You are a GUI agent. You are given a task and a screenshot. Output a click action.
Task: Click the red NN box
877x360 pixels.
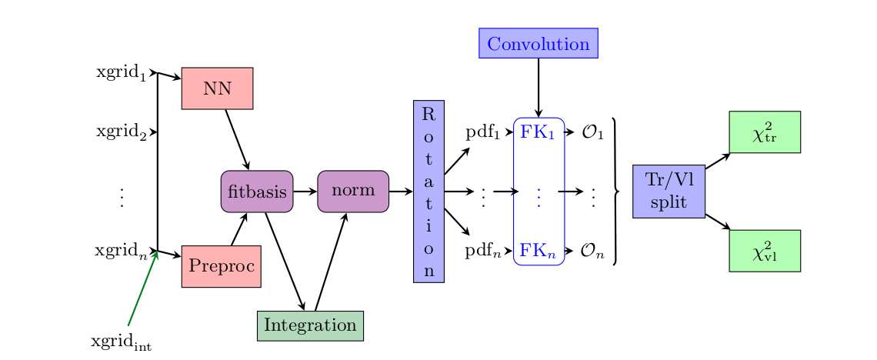217,88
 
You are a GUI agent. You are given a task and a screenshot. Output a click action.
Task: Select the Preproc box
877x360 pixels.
221,266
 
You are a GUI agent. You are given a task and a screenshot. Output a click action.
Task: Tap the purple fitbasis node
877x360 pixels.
256,191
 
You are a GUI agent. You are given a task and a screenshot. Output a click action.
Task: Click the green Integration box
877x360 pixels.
310,325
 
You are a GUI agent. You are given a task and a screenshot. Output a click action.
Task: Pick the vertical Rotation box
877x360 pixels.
428,191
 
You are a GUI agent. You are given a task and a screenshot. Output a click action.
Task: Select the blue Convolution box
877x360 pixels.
538,43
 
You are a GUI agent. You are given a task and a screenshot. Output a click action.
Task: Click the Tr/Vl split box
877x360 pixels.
669,191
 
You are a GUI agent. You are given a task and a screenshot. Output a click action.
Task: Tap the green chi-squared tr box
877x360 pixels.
765,132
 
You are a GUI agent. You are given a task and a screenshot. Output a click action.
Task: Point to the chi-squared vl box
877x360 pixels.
765,251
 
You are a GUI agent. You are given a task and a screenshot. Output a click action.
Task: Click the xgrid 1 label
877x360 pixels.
121,73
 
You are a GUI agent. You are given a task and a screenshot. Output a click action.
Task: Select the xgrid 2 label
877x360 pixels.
121,132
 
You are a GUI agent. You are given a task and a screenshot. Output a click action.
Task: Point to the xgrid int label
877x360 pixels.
121,342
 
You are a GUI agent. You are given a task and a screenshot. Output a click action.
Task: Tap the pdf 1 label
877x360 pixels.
482,132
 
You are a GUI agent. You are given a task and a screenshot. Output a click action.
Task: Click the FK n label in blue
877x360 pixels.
539,251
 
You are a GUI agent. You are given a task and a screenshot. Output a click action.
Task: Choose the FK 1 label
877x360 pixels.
539,132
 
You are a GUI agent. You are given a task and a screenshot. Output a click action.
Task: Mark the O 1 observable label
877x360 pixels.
592,132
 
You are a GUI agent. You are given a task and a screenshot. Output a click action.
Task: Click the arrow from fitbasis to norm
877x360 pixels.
305,191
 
